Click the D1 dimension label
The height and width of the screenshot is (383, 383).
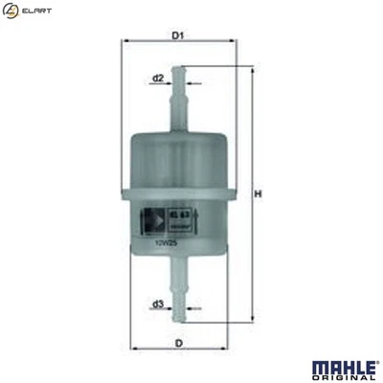(x=177, y=36)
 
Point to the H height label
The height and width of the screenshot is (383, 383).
(x=258, y=196)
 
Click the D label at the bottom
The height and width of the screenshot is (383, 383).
(x=178, y=342)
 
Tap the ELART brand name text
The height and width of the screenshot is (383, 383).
(x=37, y=11)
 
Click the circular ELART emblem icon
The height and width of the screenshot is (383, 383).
(x=11, y=11)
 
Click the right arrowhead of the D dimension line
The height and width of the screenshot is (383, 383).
(x=233, y=349)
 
